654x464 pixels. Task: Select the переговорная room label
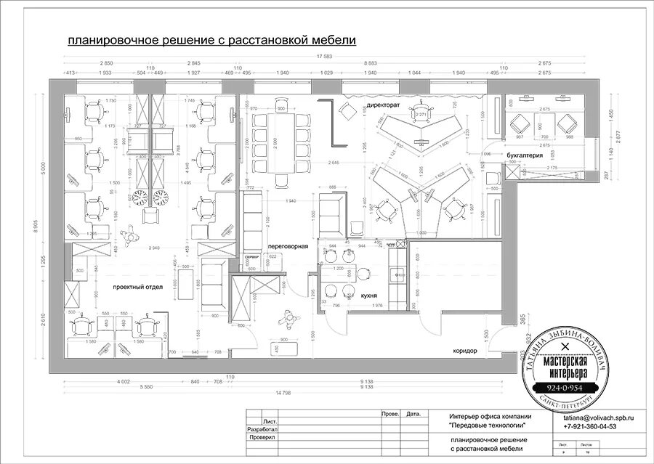(x=287, y=247)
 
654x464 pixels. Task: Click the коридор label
(x=465, y=351)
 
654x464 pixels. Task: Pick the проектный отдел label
(x=137, y=288)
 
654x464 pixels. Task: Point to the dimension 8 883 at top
(x=371, y=64)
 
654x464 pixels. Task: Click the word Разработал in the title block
(x=263, y=429)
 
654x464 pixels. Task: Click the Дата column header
(x=414, y=413)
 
